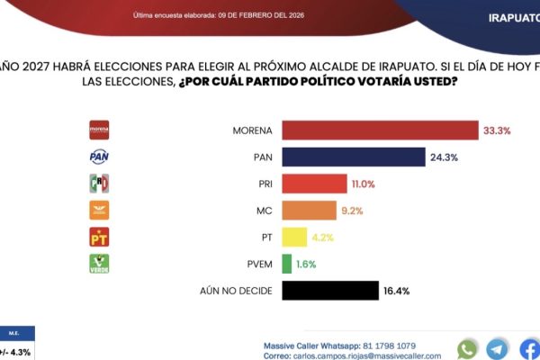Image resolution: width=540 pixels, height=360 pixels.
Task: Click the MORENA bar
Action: coord(380,130)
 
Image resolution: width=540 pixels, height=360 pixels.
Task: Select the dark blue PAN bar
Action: coord(354,157)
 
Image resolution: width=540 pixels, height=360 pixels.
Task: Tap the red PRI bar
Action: coord(314,184)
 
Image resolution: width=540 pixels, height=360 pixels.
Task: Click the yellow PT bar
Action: coord(294,238)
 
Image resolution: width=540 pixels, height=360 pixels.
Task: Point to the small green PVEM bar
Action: coord(286,264)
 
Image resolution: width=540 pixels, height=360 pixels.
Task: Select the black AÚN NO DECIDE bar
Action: coord(330,291)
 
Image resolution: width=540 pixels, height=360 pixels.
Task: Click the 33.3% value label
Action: coord(497,130)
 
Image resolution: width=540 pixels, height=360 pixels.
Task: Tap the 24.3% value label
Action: coord(444,157)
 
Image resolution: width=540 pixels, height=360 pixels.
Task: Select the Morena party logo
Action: coord(99,130)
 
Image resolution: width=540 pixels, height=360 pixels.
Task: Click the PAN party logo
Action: coord(99,157)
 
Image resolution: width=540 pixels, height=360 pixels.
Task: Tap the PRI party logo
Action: coord(99,184)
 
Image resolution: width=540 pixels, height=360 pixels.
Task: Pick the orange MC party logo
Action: coord(99,211)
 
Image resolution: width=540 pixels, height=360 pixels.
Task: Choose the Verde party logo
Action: coord(99,264)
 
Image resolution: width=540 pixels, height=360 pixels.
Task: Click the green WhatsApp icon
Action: coord(467,349)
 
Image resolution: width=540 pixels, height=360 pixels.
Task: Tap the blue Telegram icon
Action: coord(497,349)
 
